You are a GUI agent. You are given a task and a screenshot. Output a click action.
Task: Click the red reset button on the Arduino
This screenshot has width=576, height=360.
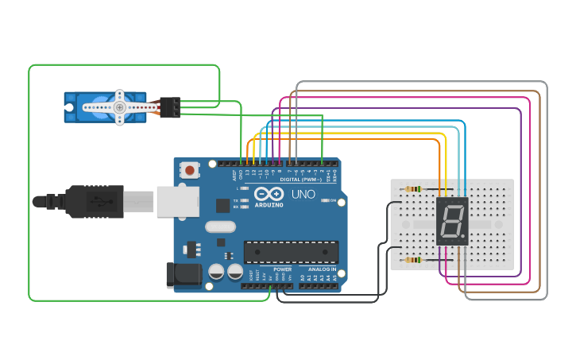(x=190, y=169)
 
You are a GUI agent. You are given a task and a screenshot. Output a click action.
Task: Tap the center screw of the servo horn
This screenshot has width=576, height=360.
(x=119, y=107)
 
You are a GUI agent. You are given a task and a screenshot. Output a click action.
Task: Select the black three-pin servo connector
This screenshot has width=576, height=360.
(x=170, y=106)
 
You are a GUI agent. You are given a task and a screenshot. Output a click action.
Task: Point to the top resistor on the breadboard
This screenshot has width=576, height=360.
(x=413, y=189)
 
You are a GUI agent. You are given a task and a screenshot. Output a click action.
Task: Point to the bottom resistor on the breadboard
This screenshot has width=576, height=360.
(x=413, y=260)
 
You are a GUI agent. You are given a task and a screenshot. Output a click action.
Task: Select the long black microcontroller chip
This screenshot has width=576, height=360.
(x=291, y=252)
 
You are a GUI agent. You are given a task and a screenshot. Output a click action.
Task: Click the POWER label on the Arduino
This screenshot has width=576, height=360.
(x=282, y=269)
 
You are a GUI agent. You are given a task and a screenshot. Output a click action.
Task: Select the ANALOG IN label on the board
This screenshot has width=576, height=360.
(x=321, y=269)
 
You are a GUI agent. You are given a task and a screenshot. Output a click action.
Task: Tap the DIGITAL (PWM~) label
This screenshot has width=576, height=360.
(x=301, y=180)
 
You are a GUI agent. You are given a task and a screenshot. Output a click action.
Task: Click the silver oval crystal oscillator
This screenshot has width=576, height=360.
(x=220, y=226)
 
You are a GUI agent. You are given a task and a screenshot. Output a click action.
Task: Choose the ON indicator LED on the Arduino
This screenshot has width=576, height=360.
(x=325, y=200)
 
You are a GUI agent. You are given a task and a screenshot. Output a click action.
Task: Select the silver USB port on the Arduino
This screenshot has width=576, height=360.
(x=176, y=201)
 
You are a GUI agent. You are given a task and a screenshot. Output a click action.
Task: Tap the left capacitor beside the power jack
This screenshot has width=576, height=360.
(x=216, y=272)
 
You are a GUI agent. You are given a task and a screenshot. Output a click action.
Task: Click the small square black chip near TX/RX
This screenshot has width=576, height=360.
(x=222, y=205)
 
